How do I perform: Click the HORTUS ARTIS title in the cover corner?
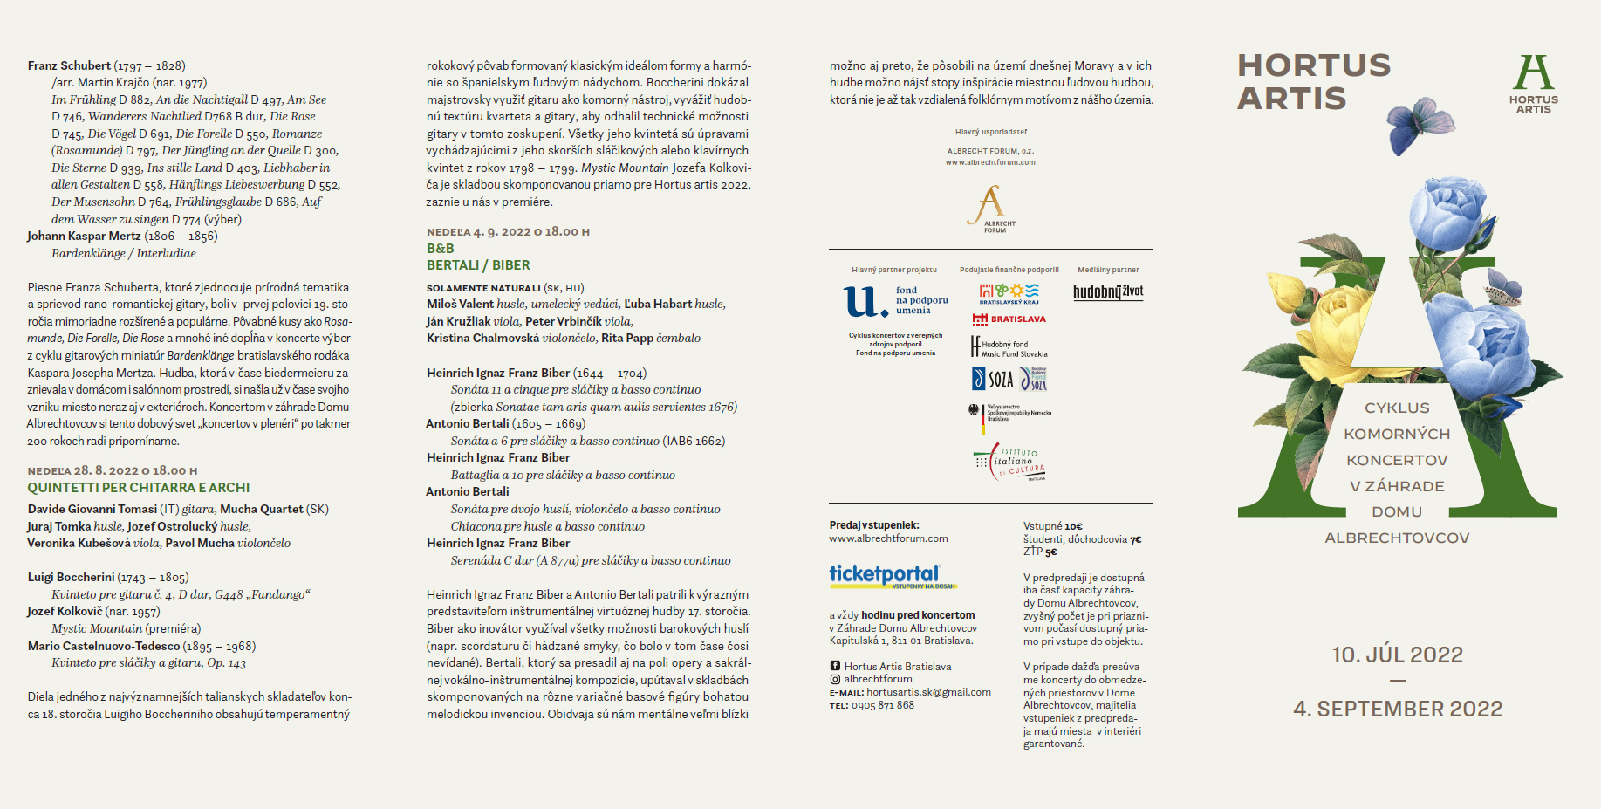tap(1313, 81)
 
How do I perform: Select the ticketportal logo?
tap(885, 575)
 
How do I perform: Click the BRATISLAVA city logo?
tap(1009, 319)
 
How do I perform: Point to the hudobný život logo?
tap(1107, 292)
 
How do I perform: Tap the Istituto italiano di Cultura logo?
tap(1010, 463)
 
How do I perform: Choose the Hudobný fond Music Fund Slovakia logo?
tap(1009, 348)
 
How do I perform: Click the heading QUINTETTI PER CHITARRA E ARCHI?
tap(138, 488)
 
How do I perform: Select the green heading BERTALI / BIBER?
tap(478, 265)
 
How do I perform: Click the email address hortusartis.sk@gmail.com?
tap(928, 692)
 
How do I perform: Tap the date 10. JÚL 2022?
tap(1397, 655)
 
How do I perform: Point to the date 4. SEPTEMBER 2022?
tap(1397, 710)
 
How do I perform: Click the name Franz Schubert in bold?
tap(69, 65)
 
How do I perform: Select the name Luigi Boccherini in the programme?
tap(71, 577)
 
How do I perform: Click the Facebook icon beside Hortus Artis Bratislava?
tap(835, 667)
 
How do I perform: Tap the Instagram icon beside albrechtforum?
tap(835, 679)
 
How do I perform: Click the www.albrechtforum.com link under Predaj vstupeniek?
tap(888, 538)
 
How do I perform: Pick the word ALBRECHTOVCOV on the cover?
tap(1397, 538)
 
